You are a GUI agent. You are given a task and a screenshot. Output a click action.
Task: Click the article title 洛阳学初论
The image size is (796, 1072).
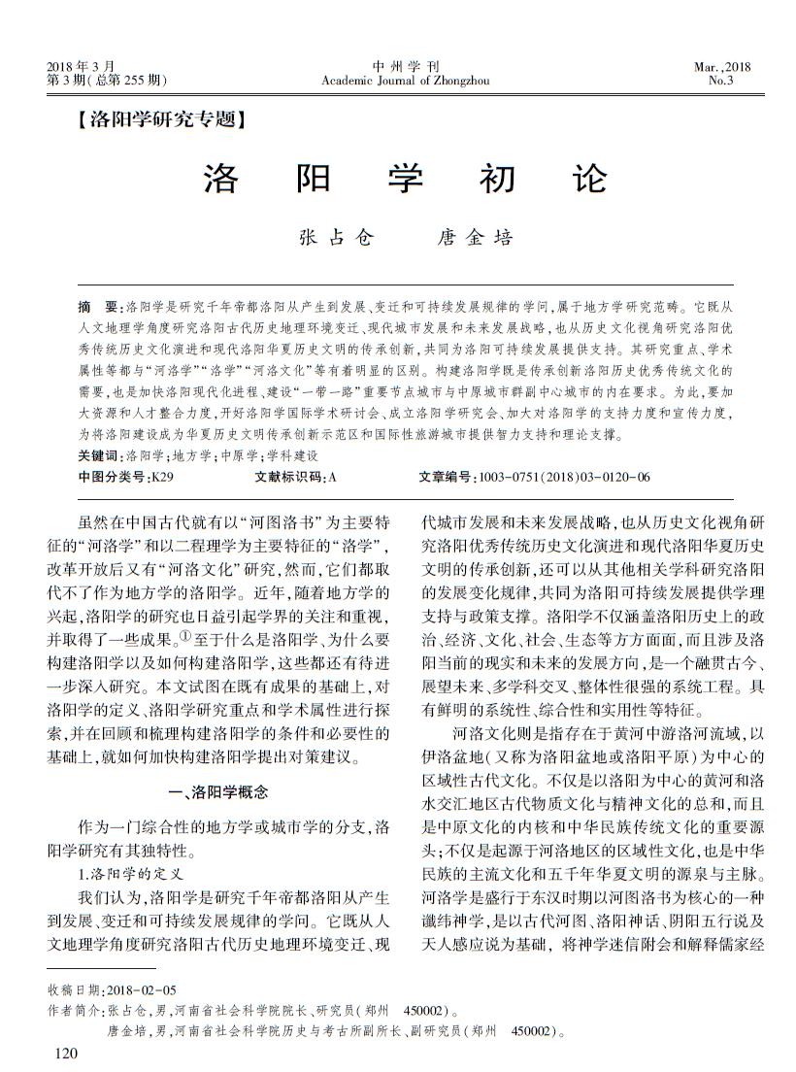(405, 180)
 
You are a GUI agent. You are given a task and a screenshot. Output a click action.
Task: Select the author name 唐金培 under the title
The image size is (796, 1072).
(475, 238)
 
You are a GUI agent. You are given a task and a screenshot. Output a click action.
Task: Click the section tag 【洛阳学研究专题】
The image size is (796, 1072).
(155, 121)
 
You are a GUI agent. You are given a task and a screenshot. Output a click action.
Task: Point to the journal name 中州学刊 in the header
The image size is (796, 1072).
(405, 66)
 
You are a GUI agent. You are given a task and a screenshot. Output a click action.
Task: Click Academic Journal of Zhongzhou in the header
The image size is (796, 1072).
(405, 81)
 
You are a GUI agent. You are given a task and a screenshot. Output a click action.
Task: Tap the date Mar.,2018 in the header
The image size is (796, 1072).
(721, 66)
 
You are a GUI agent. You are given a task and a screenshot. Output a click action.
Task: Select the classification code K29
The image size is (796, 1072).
(162, 477)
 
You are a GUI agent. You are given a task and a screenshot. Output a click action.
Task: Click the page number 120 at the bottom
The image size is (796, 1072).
(65, 1053)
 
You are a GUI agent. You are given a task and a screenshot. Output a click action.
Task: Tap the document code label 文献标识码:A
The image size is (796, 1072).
(295, 477)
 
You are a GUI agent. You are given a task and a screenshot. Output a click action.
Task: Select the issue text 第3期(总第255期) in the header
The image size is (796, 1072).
(106, 81)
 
